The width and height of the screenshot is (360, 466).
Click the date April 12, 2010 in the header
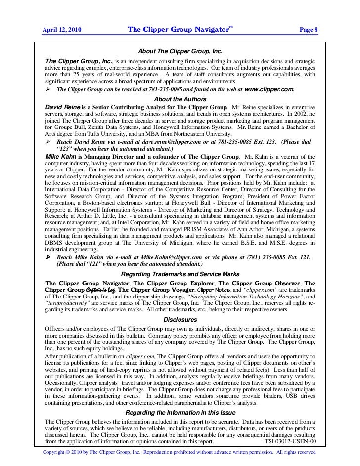pos(62,30)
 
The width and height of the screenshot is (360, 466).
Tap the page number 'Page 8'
pos(309,30)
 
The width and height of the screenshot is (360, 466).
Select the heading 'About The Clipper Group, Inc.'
pos(180,51)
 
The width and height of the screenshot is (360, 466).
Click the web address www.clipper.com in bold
pos(269,90)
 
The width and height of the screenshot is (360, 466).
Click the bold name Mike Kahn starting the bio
pos(60,157)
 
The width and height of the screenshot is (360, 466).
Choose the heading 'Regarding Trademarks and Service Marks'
pos(180,274)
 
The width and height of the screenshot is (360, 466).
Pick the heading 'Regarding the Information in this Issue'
pos(180,412)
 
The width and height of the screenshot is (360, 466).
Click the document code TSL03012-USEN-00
pos(290,442)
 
